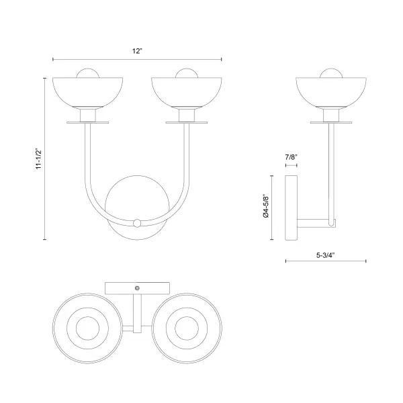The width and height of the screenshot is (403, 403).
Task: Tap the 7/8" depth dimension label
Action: coord(291,156)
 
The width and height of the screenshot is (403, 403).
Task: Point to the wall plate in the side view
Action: coord(292,208)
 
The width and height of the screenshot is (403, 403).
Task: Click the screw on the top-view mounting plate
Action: coord(137,287)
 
